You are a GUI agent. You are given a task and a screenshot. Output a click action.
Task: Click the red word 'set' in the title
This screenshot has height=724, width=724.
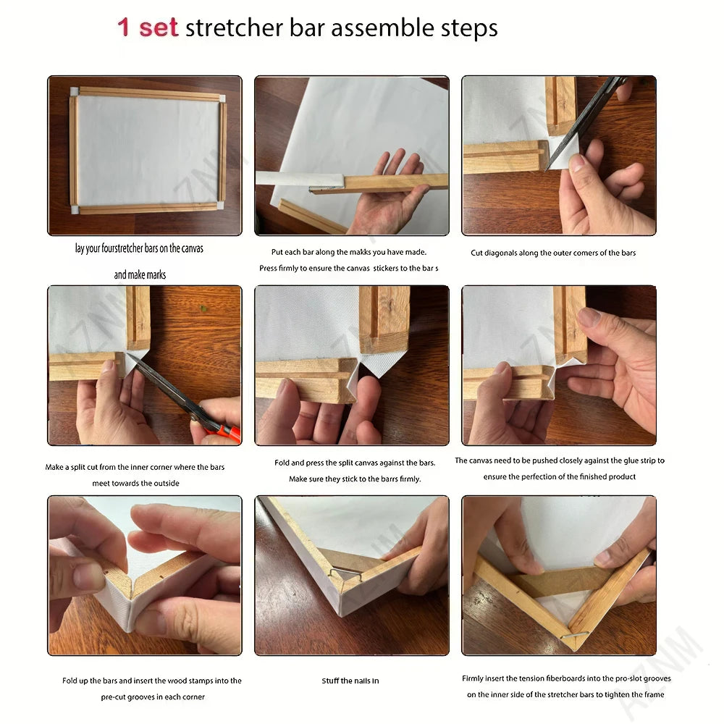[159, 28]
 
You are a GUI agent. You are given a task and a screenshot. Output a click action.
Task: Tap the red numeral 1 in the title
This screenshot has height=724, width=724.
[123, 28]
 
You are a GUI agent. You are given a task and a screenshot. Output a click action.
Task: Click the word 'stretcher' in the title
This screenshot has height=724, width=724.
[234, 28]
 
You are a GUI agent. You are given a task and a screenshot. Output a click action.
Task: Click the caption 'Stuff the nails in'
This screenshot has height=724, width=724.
[350, 681]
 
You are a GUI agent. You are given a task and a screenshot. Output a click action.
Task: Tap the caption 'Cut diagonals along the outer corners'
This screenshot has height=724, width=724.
[553, 253]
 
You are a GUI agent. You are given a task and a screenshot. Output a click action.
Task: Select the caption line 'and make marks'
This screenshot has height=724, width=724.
[140, 274]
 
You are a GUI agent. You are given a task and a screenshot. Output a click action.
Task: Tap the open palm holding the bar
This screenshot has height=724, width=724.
[392, 194]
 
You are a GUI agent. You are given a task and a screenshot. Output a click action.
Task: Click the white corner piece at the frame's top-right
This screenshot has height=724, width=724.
[222, 98]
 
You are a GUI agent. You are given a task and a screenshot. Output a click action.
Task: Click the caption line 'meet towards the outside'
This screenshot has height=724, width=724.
[136, 484]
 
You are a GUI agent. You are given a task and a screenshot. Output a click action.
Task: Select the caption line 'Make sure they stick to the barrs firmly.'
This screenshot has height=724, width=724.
[355, 479]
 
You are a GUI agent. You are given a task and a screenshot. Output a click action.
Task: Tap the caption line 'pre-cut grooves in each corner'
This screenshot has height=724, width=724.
[153, 697]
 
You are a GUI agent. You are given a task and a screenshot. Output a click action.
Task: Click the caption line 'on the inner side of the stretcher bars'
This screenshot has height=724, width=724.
[565, 694]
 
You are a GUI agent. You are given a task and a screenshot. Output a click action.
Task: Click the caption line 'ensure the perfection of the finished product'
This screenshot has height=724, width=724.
[560, 476]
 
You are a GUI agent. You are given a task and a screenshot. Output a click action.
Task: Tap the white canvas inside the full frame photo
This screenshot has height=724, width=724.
[147, 150]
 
